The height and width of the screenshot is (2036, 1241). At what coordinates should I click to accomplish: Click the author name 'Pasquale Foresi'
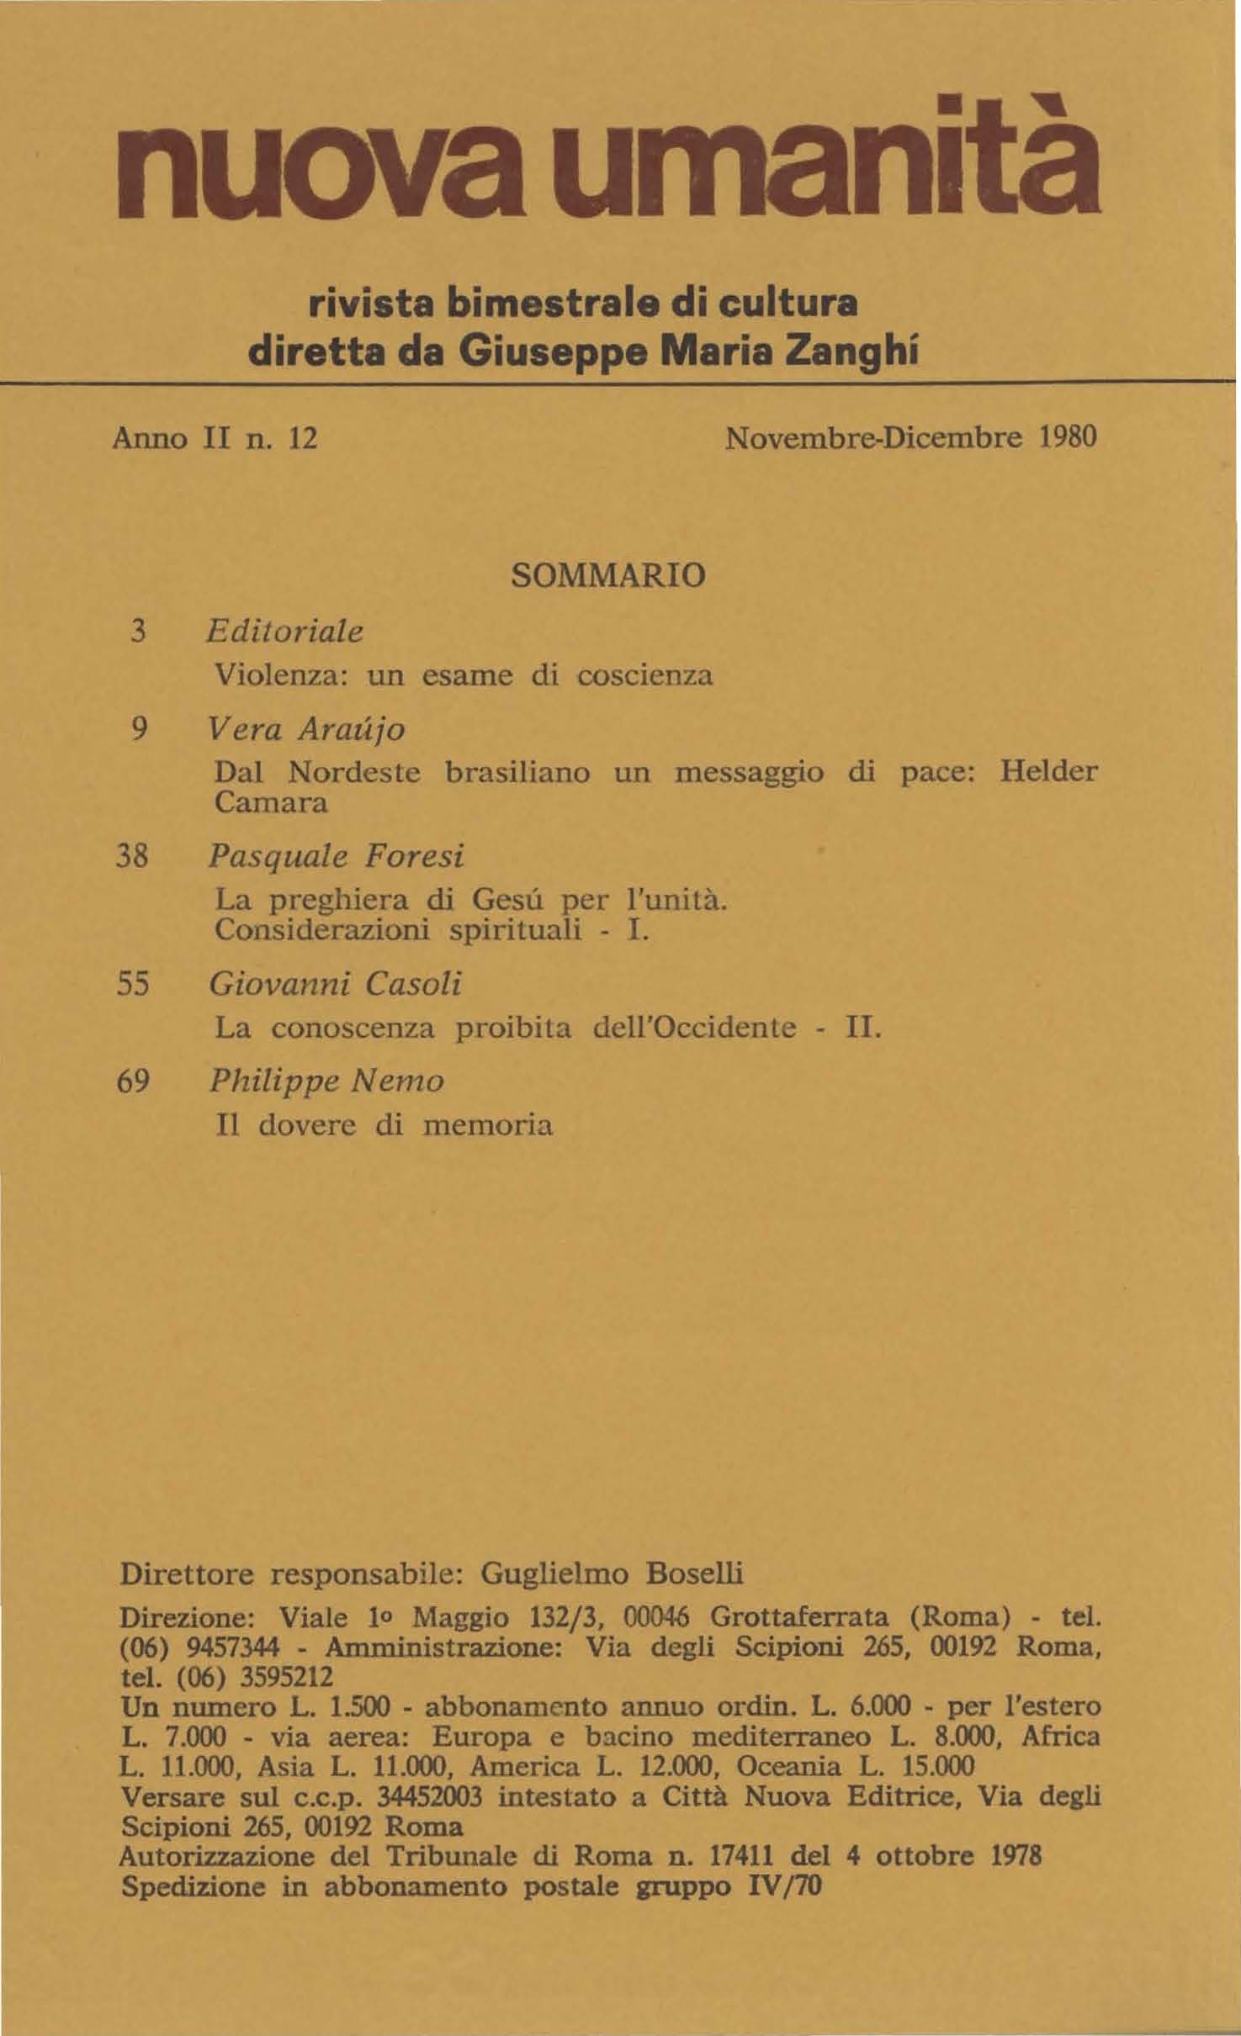[336, 856]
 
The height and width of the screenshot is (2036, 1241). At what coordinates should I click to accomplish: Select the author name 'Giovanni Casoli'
[336, 984]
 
